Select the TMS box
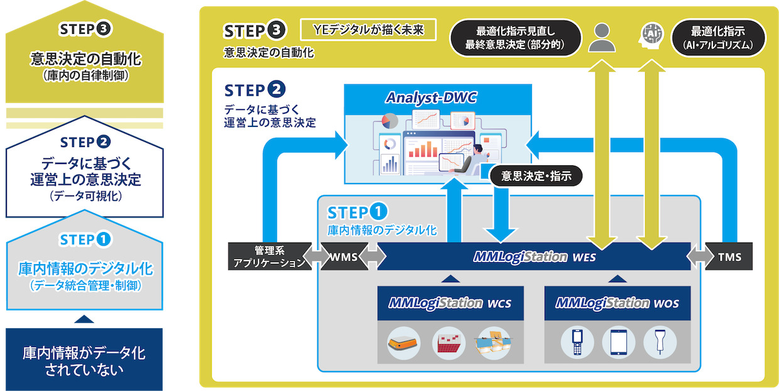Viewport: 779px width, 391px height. (729, 257)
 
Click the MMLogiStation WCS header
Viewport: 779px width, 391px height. (450, 303)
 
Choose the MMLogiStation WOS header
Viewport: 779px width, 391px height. (617, 303)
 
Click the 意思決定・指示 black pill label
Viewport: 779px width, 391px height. (536, 176)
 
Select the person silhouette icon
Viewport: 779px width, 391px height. (602, 38)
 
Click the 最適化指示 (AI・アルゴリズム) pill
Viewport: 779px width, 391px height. (719, 38)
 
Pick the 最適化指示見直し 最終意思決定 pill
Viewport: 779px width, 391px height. (515, 38)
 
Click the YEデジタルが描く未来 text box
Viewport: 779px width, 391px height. (368, 30)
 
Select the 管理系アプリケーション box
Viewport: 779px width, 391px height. (267, 257)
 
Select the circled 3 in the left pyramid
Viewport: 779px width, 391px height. (104, 29)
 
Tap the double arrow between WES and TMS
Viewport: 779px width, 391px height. (697, 257)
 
